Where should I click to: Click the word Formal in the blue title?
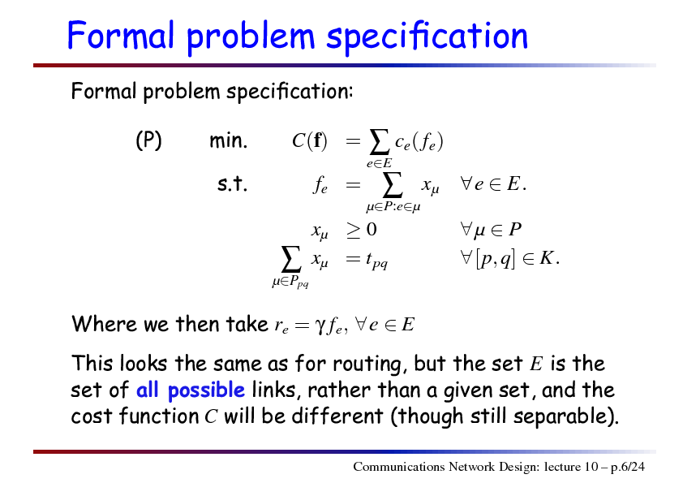click(x=121, y=35)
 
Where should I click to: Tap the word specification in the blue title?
click(x=427, y=37)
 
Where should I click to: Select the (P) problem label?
click(x=148, y=140)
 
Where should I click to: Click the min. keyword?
click(x=228, y=140)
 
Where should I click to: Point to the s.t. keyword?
click(x=232, y=183)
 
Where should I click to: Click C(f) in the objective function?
click(x=309, y=140)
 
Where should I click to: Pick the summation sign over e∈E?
click(x=379, y=142)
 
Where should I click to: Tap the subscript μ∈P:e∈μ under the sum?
click(x=393, y=207)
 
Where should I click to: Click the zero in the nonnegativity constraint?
click(x=372, y=229)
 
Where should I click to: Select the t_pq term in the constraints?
click(x=376, y=261)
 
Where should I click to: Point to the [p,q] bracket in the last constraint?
click(x=496, y=259)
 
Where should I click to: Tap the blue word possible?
click(x=206, y=390)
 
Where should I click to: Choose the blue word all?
click(x=147, y=389)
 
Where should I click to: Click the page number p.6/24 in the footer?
click(x=628, y=468)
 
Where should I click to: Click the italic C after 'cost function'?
click(x=211, y=416)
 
